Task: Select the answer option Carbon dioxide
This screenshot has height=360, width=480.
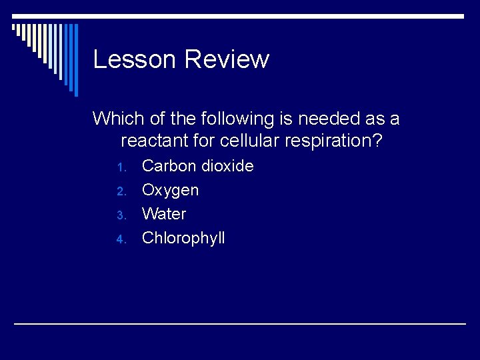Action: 198,166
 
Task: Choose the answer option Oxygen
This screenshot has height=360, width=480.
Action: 170,191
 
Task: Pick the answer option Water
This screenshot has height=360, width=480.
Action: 164,214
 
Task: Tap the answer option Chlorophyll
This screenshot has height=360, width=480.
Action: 183,238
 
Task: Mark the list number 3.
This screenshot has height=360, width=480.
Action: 121,215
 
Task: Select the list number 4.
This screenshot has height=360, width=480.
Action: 121,239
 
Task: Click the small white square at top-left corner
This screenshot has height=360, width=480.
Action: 14,27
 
